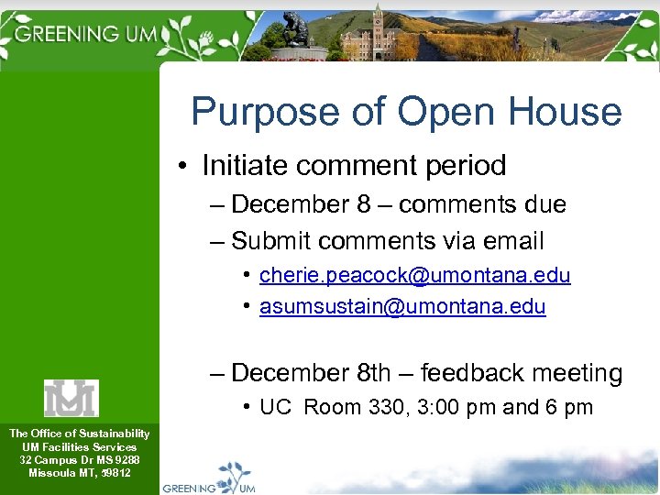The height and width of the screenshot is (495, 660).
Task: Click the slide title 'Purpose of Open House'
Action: click(x=406, y=112)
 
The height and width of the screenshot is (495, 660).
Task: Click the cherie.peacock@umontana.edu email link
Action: click(x=414, y=275)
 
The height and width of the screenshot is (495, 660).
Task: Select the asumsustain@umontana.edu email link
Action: click(x=402, y=307)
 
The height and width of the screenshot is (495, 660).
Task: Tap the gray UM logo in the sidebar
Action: click(x=71, y=398)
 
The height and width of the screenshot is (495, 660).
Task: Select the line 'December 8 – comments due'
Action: click(x=399, y=204)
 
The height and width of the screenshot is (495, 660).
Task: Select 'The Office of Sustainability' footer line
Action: click(x=79, y=433)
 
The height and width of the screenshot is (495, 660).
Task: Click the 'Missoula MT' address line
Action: click(x=79, y=473)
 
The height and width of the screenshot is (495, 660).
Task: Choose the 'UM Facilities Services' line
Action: click(x=79, y=446)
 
